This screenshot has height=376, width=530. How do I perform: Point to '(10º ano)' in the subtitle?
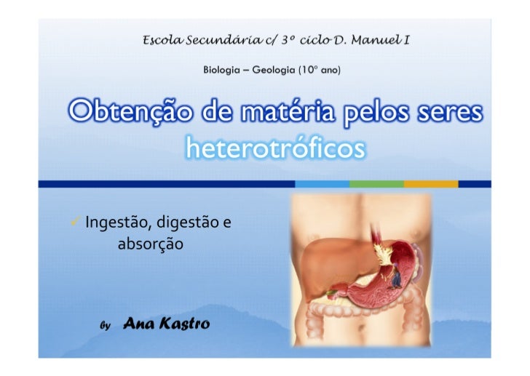click(317, 71)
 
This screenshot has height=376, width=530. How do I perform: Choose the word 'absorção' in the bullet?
click(150, 244)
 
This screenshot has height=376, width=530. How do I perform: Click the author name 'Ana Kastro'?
click(167, 324)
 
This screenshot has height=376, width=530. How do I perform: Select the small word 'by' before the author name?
click(104, 327)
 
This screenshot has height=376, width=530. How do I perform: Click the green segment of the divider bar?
click(376, 183)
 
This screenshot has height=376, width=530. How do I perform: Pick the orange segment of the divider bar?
click(430, 183)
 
